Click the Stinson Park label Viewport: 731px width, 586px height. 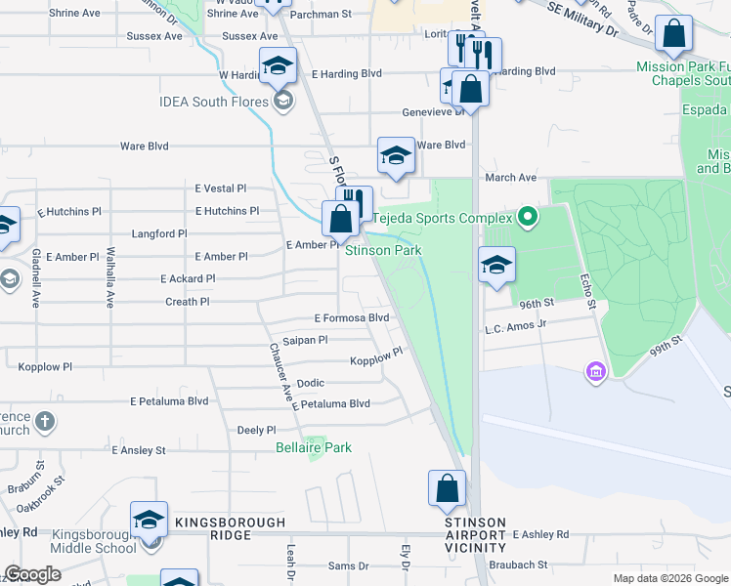tap(383, 251)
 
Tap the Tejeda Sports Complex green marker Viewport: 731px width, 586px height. tap(528, 216)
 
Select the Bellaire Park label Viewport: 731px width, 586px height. tap(313, 448)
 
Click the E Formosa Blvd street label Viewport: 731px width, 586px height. tap(352, 318)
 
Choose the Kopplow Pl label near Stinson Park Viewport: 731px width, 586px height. tap(376, 357)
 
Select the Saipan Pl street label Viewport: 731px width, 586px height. tap(305, 340)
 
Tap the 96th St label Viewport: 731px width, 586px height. tap(537, 304)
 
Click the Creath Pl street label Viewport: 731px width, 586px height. tap(188, 302)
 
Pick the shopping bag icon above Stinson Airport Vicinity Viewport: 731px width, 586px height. tap(447, 487)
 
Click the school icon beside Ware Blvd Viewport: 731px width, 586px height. tap(396, 155)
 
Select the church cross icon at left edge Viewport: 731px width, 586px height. tap(44, 422)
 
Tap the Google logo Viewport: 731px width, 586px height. tap(32, 574)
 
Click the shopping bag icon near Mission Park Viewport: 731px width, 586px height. tap(674, 36)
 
